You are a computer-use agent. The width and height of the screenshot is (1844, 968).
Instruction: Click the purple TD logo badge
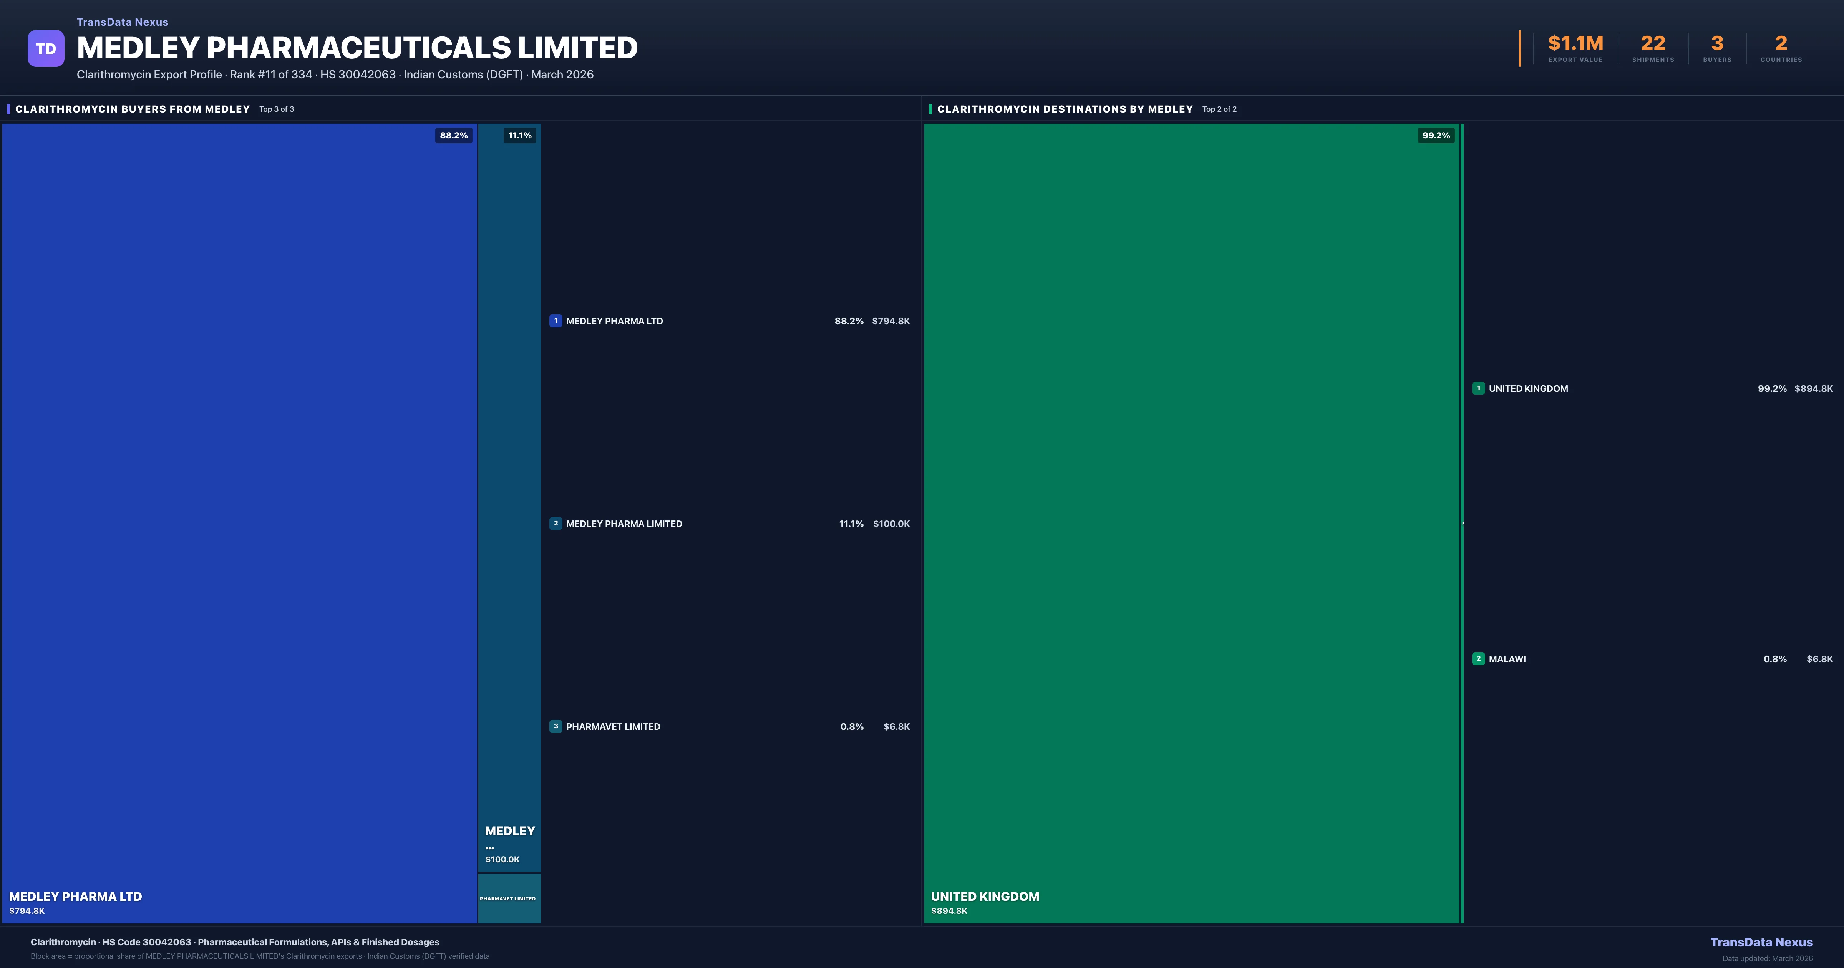pyautogui.click(x=46, y=49)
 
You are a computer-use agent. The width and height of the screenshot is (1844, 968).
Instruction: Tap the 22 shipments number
pyautogui.click(x=1653, y=44)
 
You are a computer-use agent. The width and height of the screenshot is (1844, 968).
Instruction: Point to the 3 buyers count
pyautogui.click(x=1716, y=44)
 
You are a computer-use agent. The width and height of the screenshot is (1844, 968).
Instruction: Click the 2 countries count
pyautogui.click(x=1781, y=44)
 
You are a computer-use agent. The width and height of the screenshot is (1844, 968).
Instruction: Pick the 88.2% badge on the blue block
pyautogui.click(x=454, y=135)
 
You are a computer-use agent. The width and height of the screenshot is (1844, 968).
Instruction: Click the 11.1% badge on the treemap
pyautogui.click(x=520, y=135)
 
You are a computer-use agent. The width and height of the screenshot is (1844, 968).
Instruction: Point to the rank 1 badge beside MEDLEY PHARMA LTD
pyautogui.click(x=556, y=321)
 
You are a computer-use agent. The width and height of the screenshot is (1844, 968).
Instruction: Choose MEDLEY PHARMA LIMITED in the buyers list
pyautogui.click(x=624, y=524)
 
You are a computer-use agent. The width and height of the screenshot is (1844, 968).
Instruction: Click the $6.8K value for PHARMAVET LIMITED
pyautogui.click(x=896, y=727)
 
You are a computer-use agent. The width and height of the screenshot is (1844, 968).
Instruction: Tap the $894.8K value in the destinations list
pyautogui.click(x=1813, y=389)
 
